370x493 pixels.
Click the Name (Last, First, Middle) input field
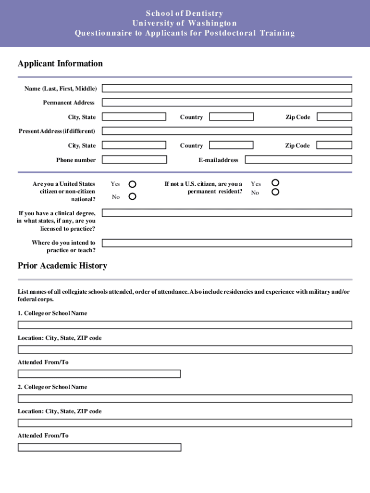coord(227,89)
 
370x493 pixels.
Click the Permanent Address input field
coord(227,103)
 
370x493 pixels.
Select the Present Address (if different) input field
coord(227,131)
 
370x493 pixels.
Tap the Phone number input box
coord(135,160)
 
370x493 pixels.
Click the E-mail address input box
coord(298,160)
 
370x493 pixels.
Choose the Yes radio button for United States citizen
coord(132,184)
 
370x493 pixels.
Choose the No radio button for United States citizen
coord(132,196)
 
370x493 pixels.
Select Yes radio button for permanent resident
coord(275,182)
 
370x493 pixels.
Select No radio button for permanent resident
coord(275,192)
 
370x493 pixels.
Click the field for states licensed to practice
coord(227,213)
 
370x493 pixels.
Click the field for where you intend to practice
coord(227,243)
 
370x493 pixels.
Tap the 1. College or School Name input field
coord(185,325)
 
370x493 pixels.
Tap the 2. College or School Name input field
coord(185,399)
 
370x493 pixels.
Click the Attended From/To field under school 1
coord(99,374)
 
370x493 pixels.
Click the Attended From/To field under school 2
coord(99,447)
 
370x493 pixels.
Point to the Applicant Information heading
coord(60,64)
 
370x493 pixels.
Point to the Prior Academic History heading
coord(62,266)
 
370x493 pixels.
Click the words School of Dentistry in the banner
coord(185,13)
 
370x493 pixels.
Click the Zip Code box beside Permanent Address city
coord(334,117)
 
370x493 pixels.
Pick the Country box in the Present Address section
coord(232,145)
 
